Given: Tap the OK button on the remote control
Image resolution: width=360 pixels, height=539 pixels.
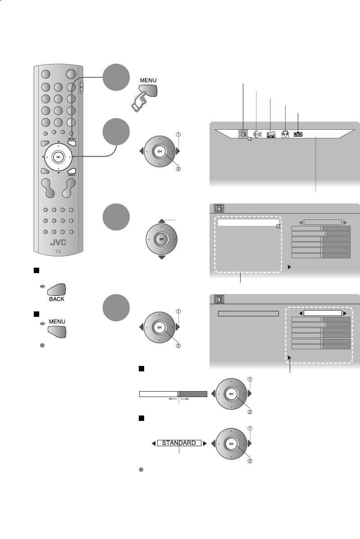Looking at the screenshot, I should coord(58,157).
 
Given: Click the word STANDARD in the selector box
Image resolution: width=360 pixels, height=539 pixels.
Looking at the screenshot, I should coord(179,443).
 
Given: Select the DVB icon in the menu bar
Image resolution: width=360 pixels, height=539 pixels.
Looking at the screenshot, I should coord(298,134).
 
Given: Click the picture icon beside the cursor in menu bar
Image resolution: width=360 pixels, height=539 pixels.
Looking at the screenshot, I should coord(243,134).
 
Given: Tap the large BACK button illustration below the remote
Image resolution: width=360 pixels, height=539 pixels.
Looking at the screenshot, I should coord(57,290).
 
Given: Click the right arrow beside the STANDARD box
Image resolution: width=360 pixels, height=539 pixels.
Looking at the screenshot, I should coord(205,443).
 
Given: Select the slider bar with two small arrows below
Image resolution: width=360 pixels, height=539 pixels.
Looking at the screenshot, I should coord(173,394).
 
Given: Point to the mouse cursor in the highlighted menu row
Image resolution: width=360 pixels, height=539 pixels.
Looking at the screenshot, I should coord(278,226).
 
